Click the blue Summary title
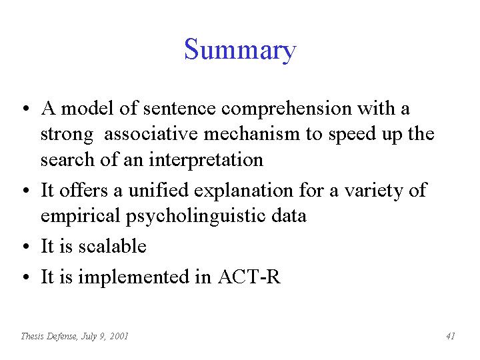tap(240, 50)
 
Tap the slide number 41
tap(451, 336)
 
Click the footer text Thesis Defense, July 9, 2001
tap(75, 337)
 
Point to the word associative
tap(151, 134)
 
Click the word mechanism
tap(251, 134)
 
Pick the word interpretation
tap(206, 160)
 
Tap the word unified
tap(158, 190)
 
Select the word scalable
tap(113, 246)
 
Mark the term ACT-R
tap(249, 277)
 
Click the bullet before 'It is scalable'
tap(26, 246)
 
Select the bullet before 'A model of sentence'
tap(26, 109)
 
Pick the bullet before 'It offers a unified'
tap(26, 191)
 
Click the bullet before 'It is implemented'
tap(26, 277)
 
